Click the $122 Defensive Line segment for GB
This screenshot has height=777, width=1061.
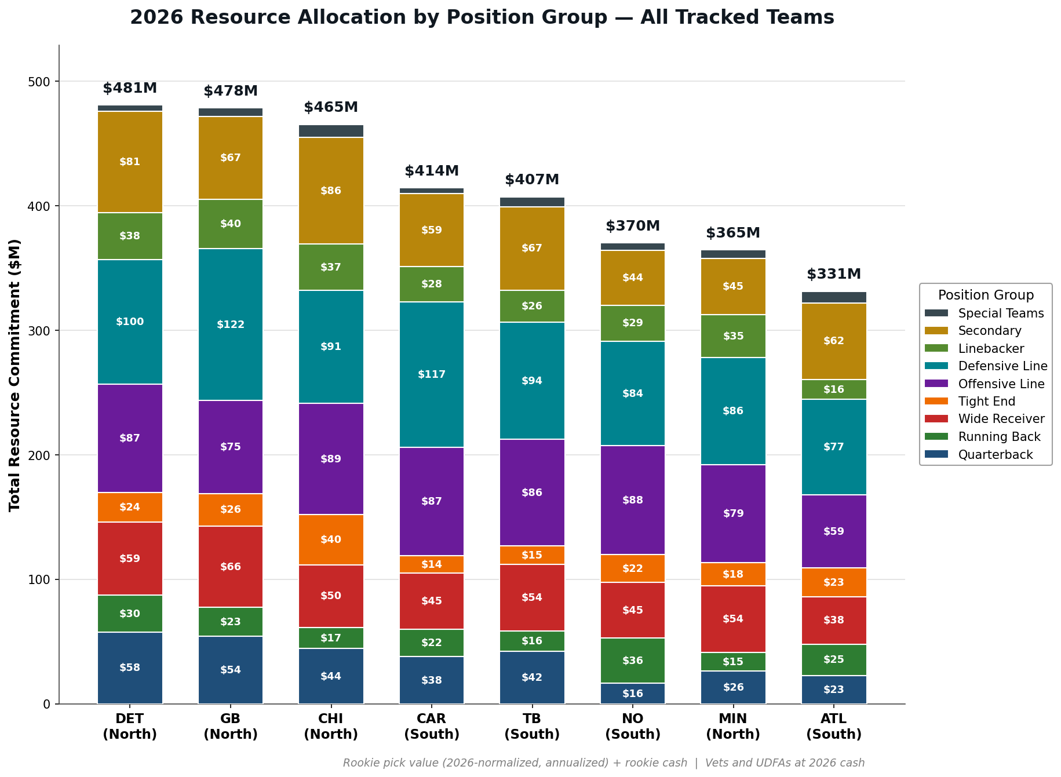pos(231,324)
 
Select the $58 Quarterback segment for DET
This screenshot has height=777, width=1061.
pos(130,668)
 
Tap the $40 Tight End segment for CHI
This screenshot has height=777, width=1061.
pos(331,539)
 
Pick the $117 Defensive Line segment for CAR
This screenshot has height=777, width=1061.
pos(432,374)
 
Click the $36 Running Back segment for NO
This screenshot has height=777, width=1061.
pos(633,661)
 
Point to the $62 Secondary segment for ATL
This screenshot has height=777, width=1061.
pos(834,341)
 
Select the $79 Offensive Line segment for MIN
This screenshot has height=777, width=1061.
pos(733,513)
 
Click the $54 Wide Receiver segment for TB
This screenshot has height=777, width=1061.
pos(532,597)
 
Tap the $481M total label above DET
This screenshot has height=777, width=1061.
pos(130,89)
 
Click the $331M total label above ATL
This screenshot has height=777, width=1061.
pos(834,275)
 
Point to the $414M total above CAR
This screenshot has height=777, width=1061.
pos(432,172)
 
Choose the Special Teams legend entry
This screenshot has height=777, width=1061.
pos(985,313)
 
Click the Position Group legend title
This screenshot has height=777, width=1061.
pos(986,296)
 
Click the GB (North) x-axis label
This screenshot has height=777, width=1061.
pos(231,727)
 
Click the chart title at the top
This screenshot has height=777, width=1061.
pos(482,17)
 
